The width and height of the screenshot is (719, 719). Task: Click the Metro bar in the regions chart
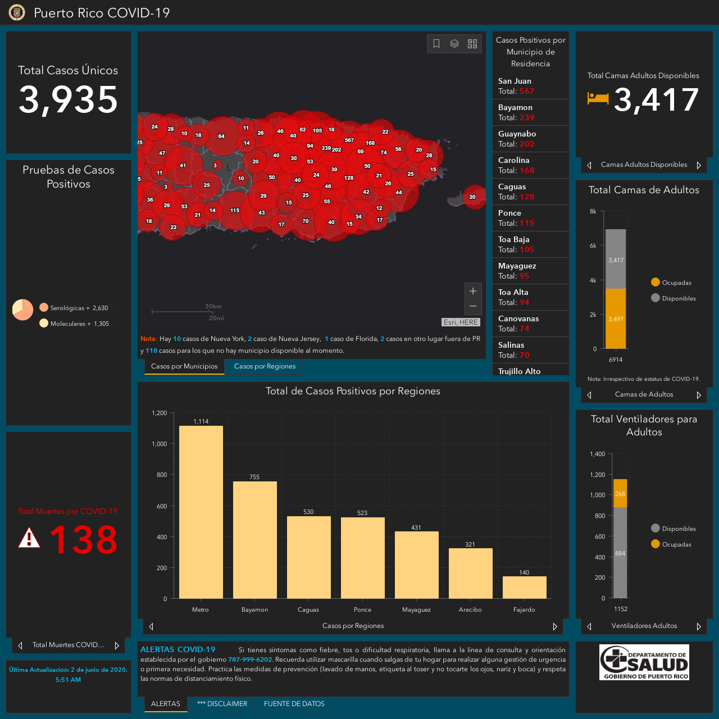201,512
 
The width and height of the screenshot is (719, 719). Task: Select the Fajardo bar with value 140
524,588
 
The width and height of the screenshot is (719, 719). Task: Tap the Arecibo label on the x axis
470,609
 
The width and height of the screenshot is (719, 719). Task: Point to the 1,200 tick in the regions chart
160,413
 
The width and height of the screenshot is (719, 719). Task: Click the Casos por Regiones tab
265,366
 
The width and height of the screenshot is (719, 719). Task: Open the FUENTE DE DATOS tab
294,704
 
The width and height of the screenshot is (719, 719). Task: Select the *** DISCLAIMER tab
222,704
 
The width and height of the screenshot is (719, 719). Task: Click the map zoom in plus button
473,290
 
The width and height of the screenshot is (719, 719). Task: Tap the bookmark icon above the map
436,44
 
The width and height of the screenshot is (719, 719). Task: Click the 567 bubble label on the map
349,140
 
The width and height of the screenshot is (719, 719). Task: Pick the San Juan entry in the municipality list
530,86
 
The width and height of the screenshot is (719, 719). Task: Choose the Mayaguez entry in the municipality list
530,271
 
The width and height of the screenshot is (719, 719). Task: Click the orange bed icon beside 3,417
598,98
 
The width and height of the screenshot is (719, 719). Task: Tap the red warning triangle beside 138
29,538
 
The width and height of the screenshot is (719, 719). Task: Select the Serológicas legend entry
74,308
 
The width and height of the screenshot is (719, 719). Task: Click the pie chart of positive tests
23,310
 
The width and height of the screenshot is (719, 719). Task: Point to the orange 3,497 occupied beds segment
616,318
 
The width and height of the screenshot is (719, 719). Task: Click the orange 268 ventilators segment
620,493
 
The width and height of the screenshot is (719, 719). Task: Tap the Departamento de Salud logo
644,662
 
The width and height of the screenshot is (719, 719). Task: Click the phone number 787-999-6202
250,659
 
